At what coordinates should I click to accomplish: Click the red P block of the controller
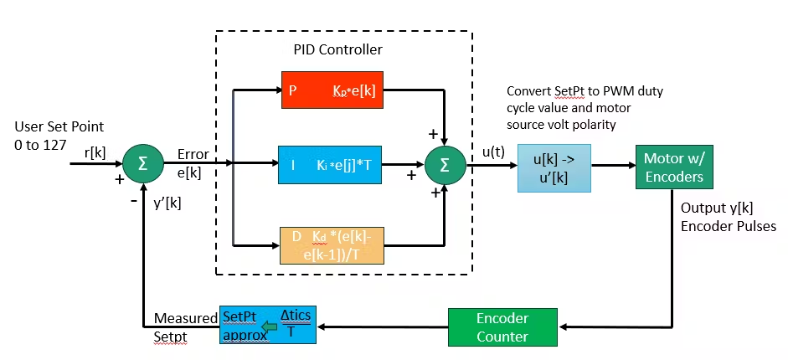click(332, 90)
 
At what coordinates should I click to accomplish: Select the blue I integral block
click(332, 163)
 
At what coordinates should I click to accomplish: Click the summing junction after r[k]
click(143, 163)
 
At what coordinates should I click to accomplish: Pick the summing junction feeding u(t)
click(445, 163)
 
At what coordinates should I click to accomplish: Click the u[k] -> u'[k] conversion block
click(548, 170)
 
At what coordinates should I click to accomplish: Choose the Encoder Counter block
click(502, 327)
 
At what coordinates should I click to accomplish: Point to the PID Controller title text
click(339, 49)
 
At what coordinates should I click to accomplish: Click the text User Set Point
click(59, 127)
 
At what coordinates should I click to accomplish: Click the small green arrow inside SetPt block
click(269, 327)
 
